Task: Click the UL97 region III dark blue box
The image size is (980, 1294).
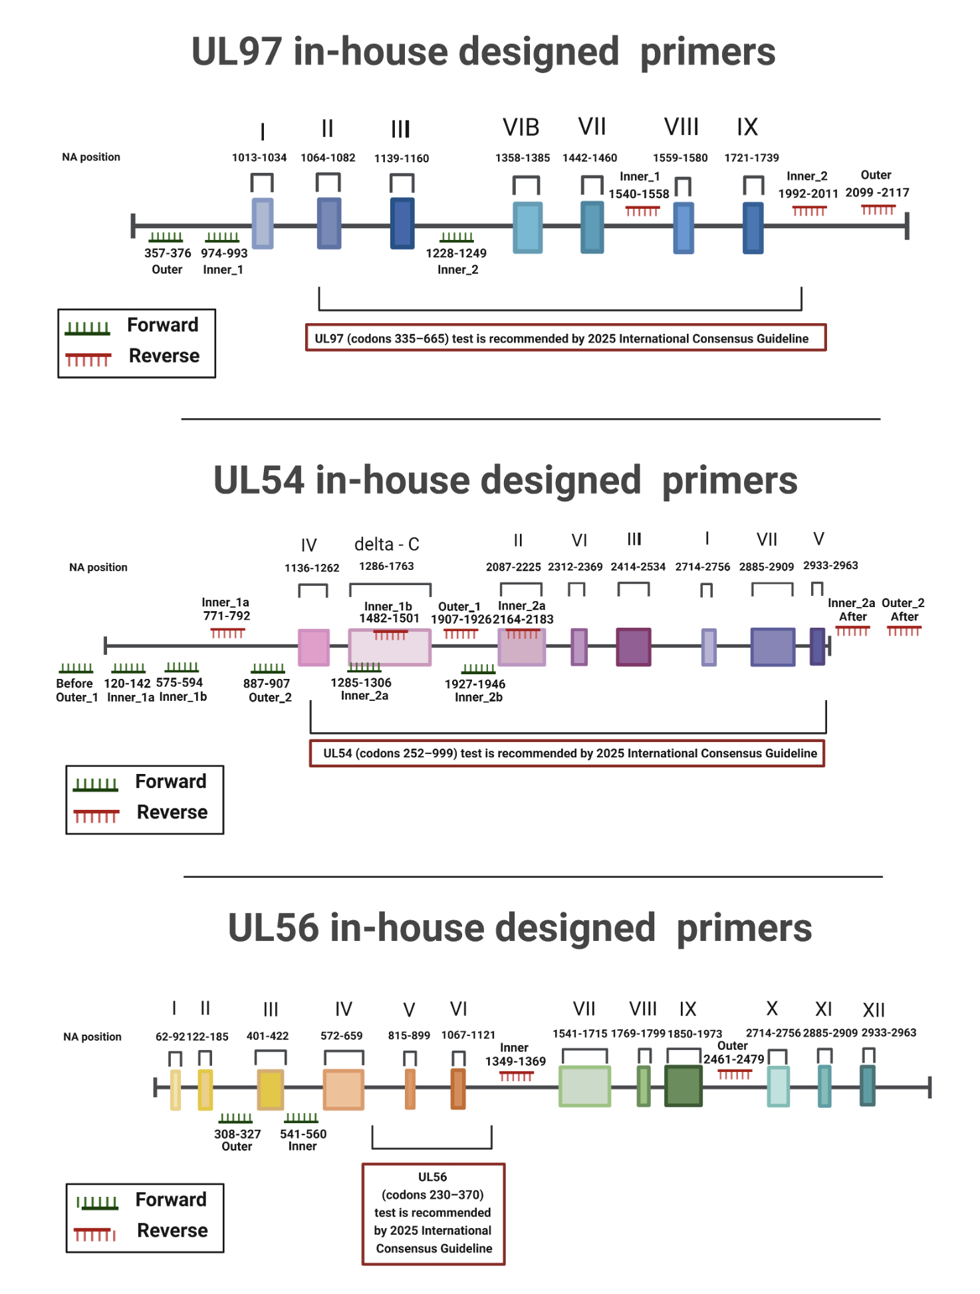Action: [x=402, y=223]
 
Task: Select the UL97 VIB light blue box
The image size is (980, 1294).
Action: [x=527, y=227]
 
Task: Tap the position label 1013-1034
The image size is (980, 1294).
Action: [x=259, y=158]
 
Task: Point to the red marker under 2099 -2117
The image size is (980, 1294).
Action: [x=878, y=209]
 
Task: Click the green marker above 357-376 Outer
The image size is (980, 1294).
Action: [x=166, y=237]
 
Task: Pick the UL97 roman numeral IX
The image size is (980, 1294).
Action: [x=747, y=127]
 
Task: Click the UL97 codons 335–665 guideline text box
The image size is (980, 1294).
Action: [x=565, y=338]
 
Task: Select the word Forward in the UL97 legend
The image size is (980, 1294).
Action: [x=163, y=324]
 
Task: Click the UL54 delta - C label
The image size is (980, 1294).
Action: [x=386, y=544]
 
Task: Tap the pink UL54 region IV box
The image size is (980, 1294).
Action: [x=313, y=647]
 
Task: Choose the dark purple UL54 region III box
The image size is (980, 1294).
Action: [x=633, y=646]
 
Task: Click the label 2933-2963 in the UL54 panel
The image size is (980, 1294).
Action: [x=830, y=565]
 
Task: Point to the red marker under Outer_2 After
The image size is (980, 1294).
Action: [x=904, y=630]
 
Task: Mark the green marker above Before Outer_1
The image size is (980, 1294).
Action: [x=76, y=668]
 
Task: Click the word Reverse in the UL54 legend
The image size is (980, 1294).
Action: [x=172, y=812]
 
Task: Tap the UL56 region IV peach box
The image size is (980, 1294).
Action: [x=343, y=1089]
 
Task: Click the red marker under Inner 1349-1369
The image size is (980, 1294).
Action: [x=516, y=1075]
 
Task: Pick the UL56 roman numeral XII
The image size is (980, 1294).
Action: [x=874, y=1010]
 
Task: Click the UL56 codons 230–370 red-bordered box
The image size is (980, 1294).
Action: [x=433, y=1213]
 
